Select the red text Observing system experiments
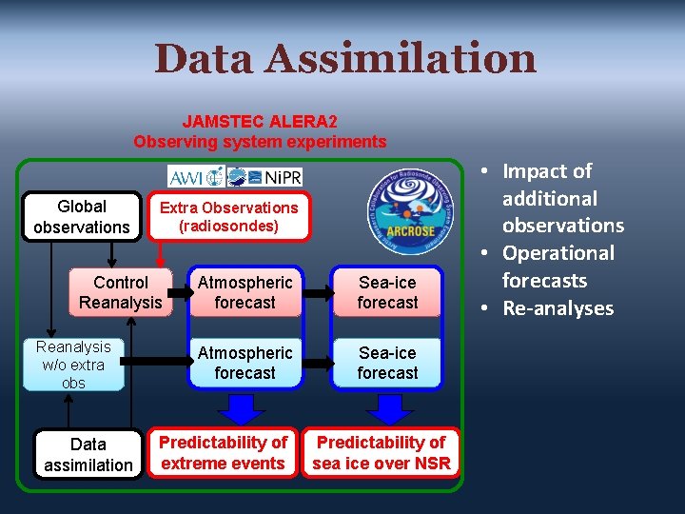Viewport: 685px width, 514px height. click(x=260, y=142)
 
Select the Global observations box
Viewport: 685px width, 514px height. click(x=82, y=217)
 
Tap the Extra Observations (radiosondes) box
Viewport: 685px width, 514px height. click(x=228, y=217)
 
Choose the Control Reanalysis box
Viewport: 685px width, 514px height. click(x=121, y=292)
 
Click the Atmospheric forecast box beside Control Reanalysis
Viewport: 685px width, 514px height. click(x=245, y=292)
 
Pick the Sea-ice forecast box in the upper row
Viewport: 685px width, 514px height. click(x=387, y=292)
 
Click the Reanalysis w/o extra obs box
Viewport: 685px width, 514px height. click(x=74, y=365)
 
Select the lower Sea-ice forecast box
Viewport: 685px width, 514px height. click(x=387, y=363)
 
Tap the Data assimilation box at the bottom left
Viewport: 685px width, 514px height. click(x=88, y=454)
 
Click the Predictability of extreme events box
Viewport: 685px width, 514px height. click(x=223, y=453)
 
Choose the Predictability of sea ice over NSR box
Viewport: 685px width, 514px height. click(x=381, y=453)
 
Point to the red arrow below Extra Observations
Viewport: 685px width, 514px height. click(x=160, y=254)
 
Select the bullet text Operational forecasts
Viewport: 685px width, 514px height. click(x=558, y=267)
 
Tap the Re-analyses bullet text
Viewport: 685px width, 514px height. click(x=558, y=308)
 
